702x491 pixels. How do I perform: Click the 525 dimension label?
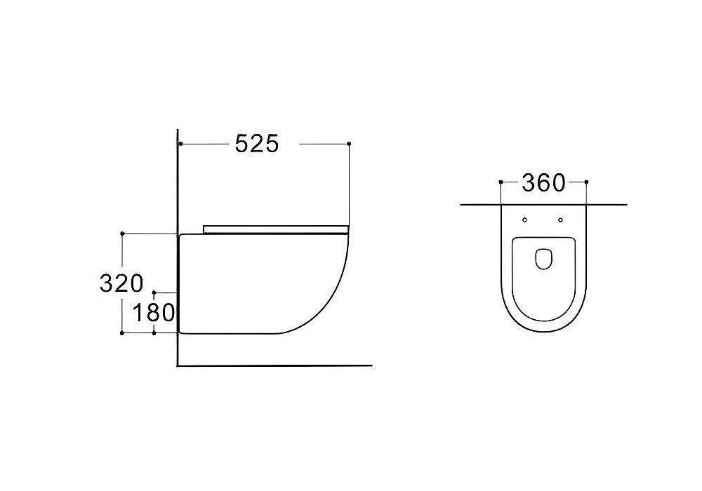[257, 144]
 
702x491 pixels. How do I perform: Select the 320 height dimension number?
[121, 283]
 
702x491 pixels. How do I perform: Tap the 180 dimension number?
[154, 313]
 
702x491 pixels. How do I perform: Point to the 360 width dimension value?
[543, 183]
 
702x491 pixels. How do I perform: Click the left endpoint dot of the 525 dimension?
[180, 144]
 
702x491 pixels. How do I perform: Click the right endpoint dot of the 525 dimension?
[349, 144]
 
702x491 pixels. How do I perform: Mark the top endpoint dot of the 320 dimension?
[122, 234]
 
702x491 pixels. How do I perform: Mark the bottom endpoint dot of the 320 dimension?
[122, 333]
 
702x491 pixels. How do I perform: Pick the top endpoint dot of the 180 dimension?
[154, 292]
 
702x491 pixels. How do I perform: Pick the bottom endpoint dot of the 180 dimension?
[154, 333]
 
